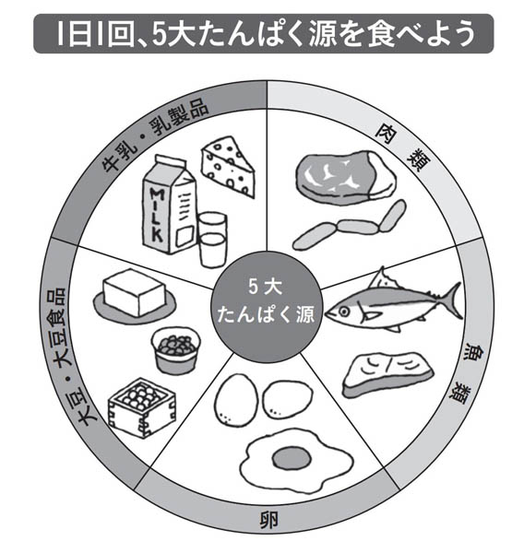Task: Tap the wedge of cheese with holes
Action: click(x=228, y=166)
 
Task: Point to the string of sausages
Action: click(x=350, y=226)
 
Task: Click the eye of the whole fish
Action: click(x=343, y=312)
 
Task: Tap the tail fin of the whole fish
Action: click(x=450, y=300)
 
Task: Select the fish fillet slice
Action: click(x=387, y=374)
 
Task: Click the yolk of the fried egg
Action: click(x=292, y=458)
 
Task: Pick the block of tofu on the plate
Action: click(x=134, y=292)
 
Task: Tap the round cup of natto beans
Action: click(x=175, y=350)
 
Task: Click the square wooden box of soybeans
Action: click(x=142, y=407)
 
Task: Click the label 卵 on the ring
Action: click(x=269, y=520)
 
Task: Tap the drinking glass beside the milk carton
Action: click(x=212, y=240)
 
